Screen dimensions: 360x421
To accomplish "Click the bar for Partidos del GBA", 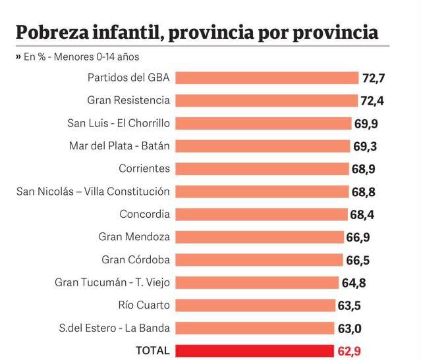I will coord(267,78).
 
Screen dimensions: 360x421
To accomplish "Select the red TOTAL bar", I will coord(256,351).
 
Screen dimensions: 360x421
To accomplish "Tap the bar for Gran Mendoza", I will coord(260,237).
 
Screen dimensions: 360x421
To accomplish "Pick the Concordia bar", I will coord(262,215).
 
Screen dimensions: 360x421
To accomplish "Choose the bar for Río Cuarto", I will coord(257,305).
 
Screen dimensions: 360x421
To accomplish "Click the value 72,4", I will coord(373,101).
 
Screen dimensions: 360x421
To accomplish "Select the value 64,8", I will coord(360,283).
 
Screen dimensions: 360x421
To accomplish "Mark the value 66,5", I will coord(358,260).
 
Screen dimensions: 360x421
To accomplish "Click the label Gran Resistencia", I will coord(128,100).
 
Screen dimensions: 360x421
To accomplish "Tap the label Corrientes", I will coord(144,168).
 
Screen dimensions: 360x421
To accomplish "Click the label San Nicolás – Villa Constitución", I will coord(93,192).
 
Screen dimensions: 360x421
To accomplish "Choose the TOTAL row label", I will coord(152,351).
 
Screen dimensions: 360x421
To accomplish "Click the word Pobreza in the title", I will coord(56,32).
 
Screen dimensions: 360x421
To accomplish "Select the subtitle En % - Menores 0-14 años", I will coord(82,57).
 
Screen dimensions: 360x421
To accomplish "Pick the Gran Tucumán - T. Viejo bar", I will coord(258,283).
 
